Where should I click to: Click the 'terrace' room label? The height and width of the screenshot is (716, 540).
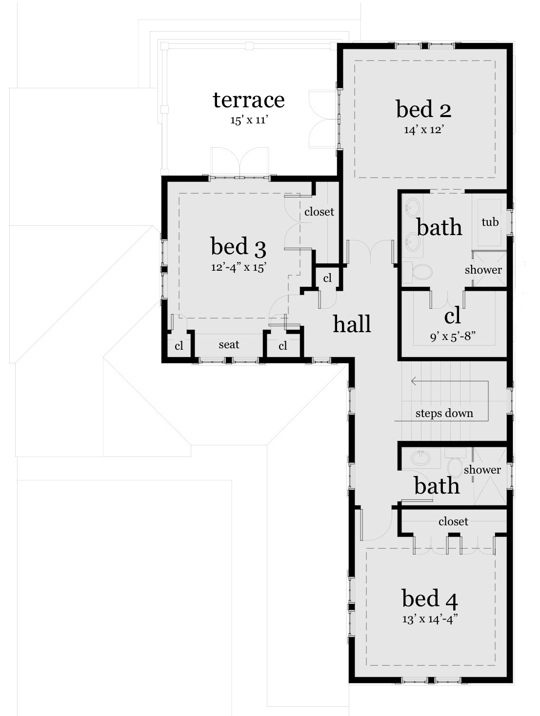(248, 100)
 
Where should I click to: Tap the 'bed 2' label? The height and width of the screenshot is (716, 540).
(423, 109)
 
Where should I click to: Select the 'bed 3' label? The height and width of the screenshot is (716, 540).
(238, 247)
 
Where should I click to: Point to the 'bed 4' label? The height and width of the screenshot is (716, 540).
(429, 598)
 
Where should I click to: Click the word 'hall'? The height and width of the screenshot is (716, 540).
(352, 324)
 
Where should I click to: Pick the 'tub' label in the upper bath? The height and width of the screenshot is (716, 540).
(490, 222)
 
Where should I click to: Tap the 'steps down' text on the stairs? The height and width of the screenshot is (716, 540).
(444, 414)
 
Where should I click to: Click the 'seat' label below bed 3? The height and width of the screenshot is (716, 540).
(229, 345)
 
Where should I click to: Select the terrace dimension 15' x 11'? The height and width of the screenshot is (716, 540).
(249, 120)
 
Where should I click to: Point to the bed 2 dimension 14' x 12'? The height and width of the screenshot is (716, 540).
(423, 130)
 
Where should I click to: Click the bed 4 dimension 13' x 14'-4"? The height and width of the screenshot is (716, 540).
(429, 619)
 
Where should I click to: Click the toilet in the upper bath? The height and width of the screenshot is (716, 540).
(421, 272)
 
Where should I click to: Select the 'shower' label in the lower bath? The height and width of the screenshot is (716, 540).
(482, 470)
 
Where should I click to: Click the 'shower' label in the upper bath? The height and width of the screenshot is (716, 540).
(483, 270)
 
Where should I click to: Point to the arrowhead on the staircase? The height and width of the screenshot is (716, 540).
(413, 381)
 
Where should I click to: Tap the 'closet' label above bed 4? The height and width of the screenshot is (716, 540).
(453, 521)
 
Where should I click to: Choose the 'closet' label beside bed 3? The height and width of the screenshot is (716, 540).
(319, 212)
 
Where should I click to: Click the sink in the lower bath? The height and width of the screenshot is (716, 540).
(420, 458)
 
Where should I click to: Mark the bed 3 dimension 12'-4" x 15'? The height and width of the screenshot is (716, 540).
(238, 267)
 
